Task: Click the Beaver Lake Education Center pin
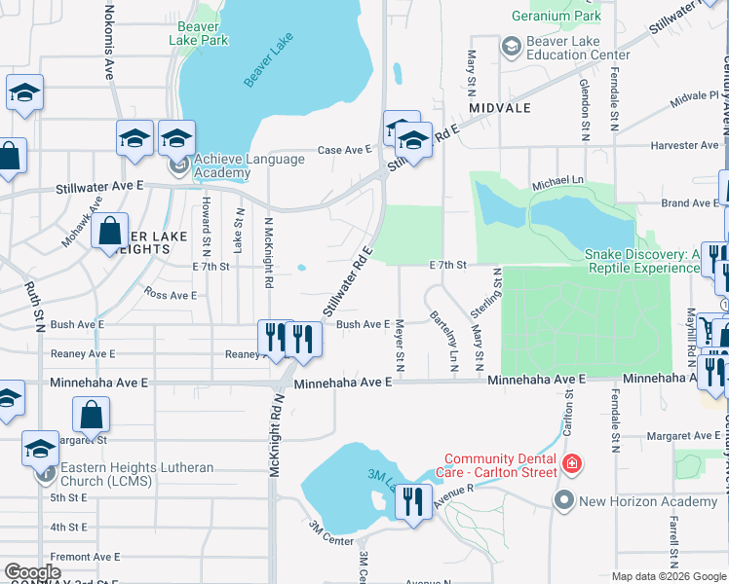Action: pyautogui.click(x=511, y=47)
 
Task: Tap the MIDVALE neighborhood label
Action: pyautogui.click(x=499, y=107)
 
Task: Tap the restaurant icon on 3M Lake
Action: pyautogui.click(x=413, y=502)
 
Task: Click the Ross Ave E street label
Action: pyautogui.click(x=170, y=293)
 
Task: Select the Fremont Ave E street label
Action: pyautogui.click(x=85, y=557)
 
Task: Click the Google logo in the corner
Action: pyautogui.click(x=33, y=572)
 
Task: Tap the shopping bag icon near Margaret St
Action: pyautogui.click(x=91, y=416)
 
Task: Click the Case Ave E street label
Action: pyautogui.click(x=345, y=150)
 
